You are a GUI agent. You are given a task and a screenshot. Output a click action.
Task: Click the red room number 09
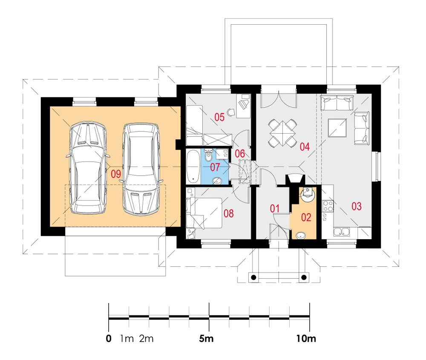tap(116, 174)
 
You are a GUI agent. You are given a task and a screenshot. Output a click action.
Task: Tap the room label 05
tap(219, 117)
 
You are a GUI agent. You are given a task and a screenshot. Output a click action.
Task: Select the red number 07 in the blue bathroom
tap(215, 167)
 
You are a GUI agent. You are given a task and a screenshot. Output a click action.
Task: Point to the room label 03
tap(357, 206)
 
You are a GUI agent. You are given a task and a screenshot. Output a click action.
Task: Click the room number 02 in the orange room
tap(306, 217)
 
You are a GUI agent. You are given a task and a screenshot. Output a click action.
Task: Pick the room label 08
tap(228, 214)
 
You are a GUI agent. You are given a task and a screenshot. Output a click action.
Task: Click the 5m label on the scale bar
tap(206, 339)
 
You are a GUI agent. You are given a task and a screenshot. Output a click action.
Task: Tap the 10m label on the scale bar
tap(306, 339)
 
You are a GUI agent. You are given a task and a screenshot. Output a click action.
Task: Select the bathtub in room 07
tap(194, 166)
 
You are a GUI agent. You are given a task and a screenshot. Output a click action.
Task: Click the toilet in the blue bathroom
tap(209, 155)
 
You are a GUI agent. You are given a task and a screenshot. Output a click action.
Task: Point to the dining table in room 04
tap(282, 133)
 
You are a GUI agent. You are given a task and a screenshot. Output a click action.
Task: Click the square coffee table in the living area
tap(337, 128)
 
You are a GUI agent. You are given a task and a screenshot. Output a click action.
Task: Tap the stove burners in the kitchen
tap(328, 206)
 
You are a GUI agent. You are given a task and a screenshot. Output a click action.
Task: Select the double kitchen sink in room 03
tap(342, 232)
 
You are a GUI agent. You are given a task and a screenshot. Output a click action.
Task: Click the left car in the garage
tap(88, 168)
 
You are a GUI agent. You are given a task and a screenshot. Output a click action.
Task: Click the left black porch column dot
tap(253, 277)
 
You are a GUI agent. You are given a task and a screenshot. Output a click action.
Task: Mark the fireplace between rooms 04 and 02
tap(295, 179)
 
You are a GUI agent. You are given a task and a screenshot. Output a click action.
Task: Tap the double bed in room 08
tap(205, 213)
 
